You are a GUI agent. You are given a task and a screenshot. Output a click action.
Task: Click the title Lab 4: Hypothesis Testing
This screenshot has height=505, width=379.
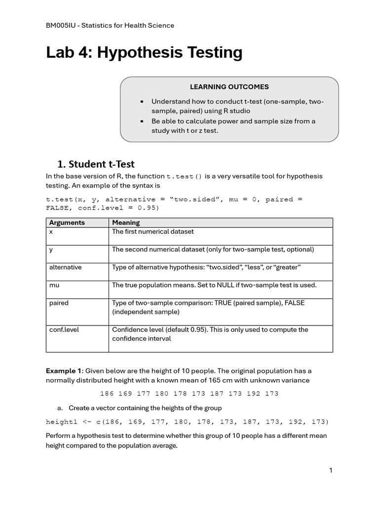point(144,52)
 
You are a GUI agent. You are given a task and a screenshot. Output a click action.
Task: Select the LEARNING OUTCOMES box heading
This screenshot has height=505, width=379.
point(229,87)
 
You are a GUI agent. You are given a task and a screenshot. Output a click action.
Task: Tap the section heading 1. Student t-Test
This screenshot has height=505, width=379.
point(96,164)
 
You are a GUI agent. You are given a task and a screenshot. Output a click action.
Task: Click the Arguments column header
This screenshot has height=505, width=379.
point(67,222)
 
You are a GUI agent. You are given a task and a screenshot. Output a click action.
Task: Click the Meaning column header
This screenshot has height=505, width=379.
point(126,222)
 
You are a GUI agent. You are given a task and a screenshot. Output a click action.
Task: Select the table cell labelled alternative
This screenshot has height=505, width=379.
point(66,267)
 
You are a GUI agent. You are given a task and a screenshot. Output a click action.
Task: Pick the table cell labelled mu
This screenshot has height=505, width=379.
point(54,285)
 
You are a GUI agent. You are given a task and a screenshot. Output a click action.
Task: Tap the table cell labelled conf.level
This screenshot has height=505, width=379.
point(64,329)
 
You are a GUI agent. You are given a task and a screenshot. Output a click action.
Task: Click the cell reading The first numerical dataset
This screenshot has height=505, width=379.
point(153,231)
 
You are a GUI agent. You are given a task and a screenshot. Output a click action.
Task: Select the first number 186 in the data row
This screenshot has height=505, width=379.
point(107,394)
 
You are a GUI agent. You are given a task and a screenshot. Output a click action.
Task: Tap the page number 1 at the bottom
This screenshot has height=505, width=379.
point(331,470)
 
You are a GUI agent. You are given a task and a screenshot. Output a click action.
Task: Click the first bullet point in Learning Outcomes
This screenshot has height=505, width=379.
point(143,102)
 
